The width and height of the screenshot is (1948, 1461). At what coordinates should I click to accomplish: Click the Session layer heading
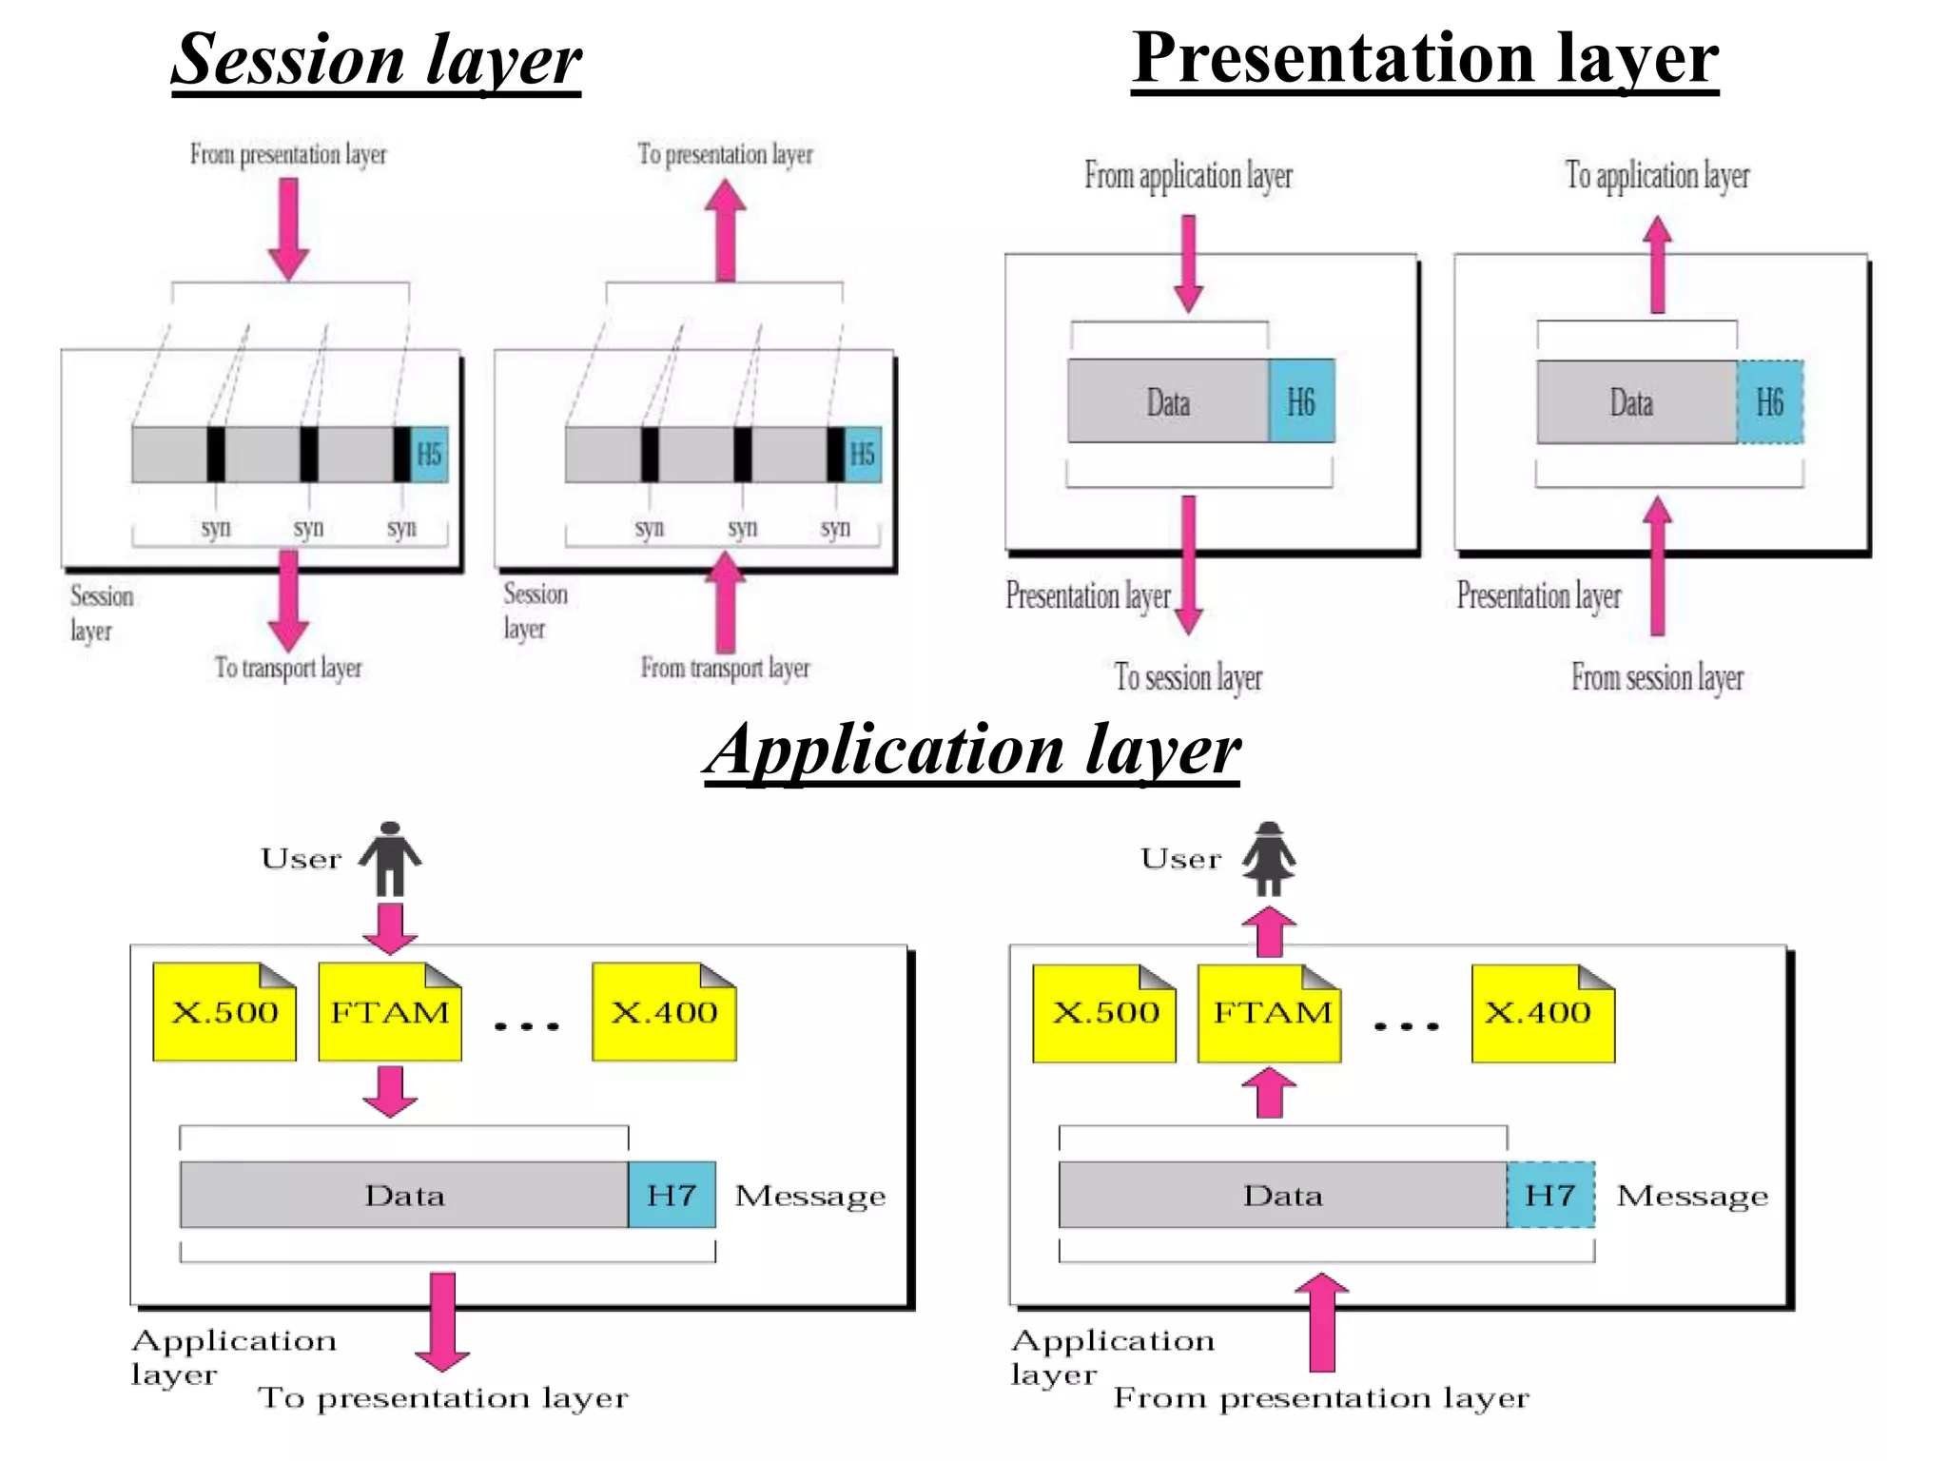point(377,60)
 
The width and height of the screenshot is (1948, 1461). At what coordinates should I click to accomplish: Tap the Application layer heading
point(972,750)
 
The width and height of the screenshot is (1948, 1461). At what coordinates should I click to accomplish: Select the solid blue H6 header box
point(1300,401)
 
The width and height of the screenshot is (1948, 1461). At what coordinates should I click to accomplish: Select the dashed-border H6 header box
point(1769,401)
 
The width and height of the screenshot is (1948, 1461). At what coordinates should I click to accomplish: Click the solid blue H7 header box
point(672,1195)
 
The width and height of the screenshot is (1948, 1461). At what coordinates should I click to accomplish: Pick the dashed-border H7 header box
point(1550,1195)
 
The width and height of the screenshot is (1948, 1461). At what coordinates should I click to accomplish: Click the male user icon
point(390,858)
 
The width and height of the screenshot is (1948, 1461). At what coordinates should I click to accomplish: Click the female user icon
point(1269,858)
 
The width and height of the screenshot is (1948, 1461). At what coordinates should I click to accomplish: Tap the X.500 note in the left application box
point(224,1012)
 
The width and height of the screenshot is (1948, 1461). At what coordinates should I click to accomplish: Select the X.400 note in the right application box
point(1542,1013)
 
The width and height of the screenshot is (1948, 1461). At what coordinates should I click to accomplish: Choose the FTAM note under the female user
point(1269,1013)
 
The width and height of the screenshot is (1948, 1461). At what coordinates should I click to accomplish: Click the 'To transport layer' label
point(288,668)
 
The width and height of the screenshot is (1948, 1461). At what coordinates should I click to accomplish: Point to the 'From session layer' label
point(1657,677)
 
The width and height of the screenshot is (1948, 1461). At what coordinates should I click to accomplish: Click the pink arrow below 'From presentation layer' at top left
point(288,229)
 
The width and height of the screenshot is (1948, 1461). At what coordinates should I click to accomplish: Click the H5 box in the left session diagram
point(429,454)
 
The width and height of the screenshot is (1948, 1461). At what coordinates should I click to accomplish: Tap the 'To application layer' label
point(1657,175)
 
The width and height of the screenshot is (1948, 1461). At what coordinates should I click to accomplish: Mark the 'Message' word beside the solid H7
point(810,1196)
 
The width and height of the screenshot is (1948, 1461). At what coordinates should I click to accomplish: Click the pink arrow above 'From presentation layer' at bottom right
point(1322,1322)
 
